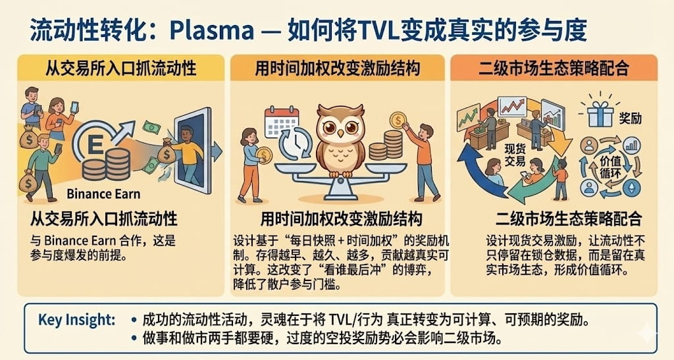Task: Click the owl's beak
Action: pos(340,134)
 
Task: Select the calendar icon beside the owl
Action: pos(281,122)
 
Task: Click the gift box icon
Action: pos(600,113)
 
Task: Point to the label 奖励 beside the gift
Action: pos(631,118)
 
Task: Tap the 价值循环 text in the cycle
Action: pos(610,167)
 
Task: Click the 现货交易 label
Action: pos(515,155)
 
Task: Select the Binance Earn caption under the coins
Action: pos(103,194)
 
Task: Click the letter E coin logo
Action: pos(95,144)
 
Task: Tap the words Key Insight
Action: pos(76,320)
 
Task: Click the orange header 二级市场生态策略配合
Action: pos(554,68)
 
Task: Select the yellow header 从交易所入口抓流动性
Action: pos(121,68)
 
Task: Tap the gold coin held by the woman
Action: pos(263,155)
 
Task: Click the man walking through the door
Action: pos(188,153)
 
